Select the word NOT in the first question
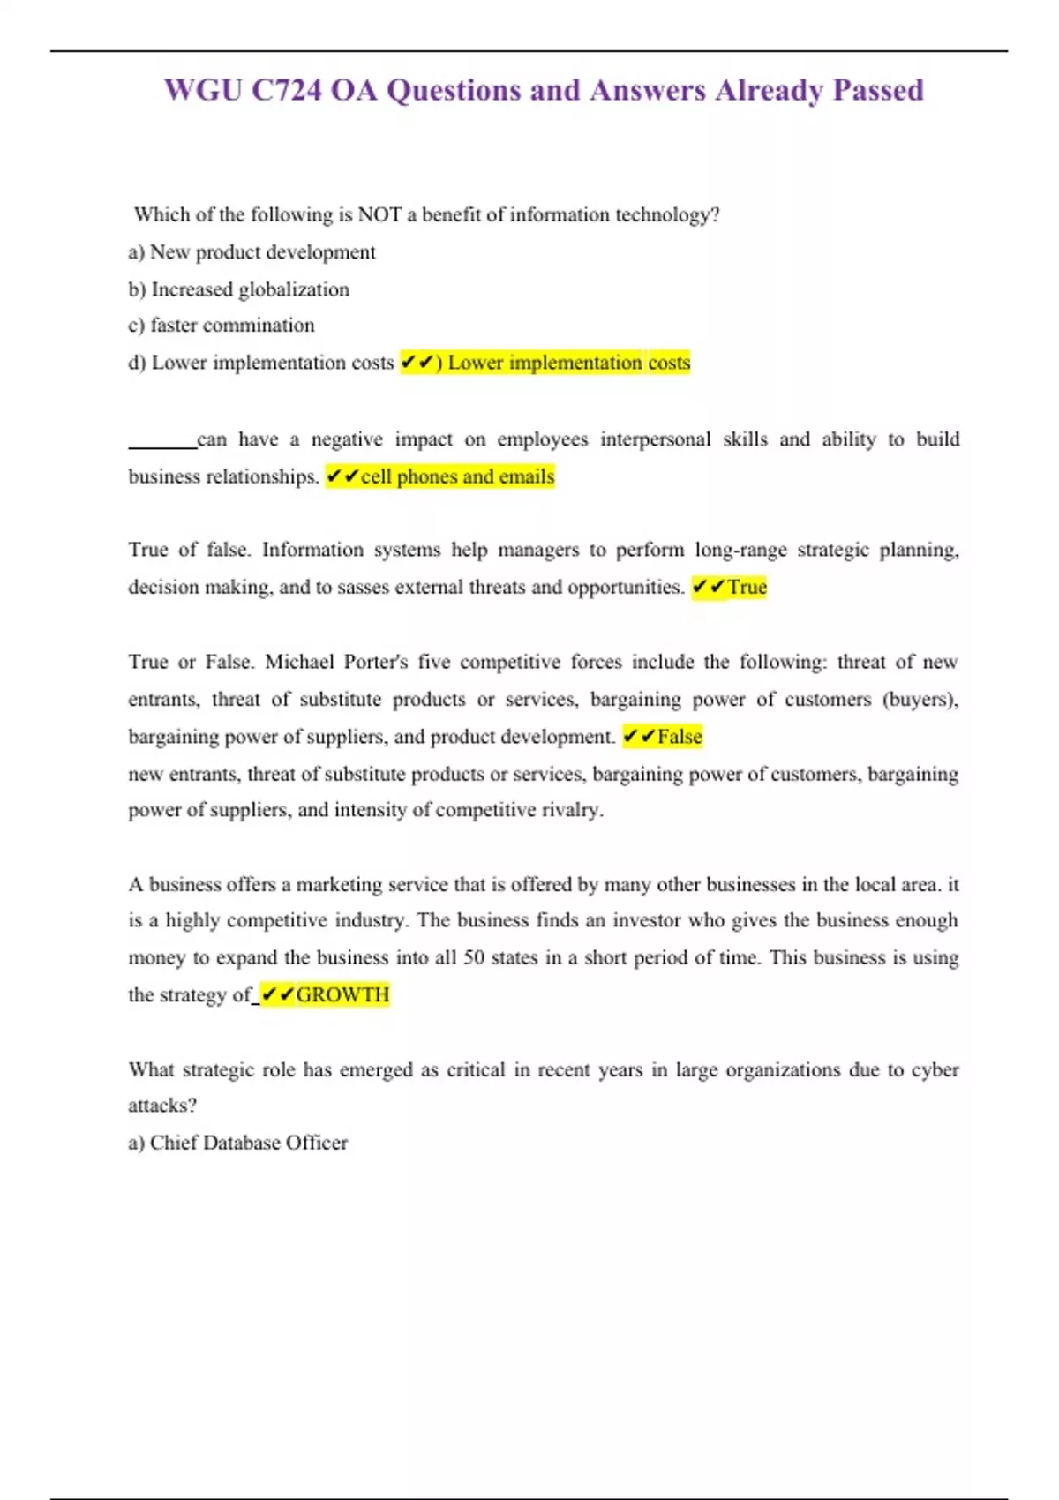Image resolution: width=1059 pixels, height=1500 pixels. coord(379,214)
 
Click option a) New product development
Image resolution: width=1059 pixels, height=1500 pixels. coord(252,252)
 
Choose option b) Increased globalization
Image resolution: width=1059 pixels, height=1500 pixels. coord(238,289)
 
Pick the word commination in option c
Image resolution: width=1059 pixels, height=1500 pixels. coord(259,326)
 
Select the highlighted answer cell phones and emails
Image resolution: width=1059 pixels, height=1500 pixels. coord(457,476)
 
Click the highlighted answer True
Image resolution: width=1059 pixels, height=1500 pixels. coord(747,587)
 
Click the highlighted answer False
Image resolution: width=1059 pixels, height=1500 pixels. coord(680,736)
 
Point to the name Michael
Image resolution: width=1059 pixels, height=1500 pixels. coord(299,662)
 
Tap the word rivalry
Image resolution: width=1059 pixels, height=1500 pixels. coord(571,810)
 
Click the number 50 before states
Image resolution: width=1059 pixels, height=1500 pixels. coord(474,958)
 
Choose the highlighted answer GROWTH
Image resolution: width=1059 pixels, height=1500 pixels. coord(342,995)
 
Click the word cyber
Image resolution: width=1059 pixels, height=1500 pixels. coord(935,1069)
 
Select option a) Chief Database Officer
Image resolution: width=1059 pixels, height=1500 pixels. coord(238,1143)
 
